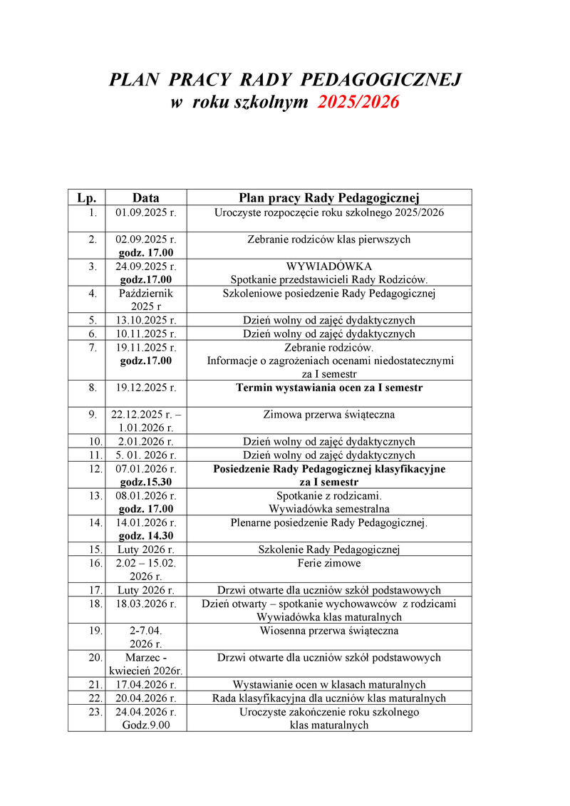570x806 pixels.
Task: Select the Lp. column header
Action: tap(86, 197)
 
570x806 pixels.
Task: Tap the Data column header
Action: tap(145, 197)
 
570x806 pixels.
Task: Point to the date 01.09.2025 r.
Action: tap(145, 212)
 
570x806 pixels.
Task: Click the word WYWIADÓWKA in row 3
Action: tap(328, 267)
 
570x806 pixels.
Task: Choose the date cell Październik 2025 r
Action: tap(145, 299)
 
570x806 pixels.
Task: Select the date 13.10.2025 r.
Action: tap(145, 320)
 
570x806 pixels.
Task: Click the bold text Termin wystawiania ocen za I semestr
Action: tap(328, 388)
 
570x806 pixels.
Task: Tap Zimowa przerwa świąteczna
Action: tap(328, 415)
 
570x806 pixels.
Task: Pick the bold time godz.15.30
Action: tap(145, 482)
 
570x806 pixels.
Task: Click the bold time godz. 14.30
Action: tap(145, 536)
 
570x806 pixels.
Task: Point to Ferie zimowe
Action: tap(328, 563)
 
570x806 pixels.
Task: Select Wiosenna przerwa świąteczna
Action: tap(328, 631)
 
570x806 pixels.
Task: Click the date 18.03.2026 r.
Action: tap(145, 604)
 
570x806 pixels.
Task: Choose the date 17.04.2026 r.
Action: tap(145, 685)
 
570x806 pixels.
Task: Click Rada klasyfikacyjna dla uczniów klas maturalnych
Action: tap(328, 698)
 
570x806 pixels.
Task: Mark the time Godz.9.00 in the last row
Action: tap(145, 725)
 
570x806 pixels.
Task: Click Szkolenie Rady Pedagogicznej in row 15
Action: tap(328, 549)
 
